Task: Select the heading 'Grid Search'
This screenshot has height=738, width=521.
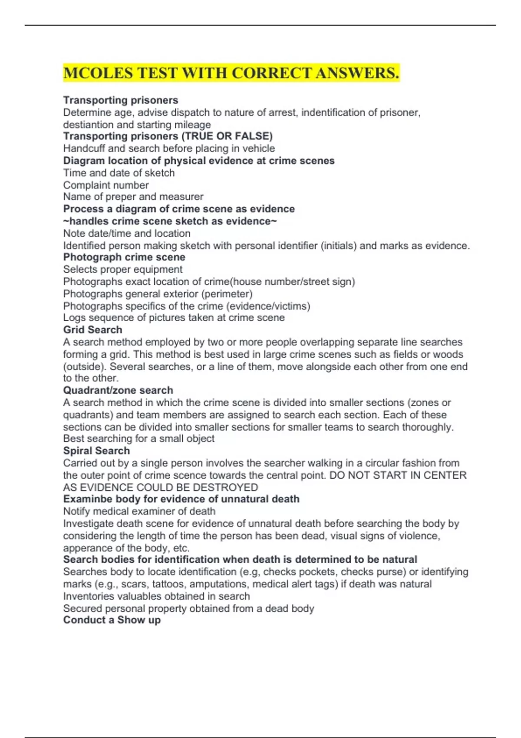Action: pos(92,330)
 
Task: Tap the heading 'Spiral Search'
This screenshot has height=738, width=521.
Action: pos(96,451)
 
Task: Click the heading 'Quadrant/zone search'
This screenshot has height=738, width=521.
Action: pos(118,390)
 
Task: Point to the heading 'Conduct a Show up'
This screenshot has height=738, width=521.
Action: pos(112,620)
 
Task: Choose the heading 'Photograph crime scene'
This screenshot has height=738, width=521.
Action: pos(124,257)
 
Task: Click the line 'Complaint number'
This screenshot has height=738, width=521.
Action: pos(106,185)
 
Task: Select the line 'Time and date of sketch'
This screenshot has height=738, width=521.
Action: pos(119,173)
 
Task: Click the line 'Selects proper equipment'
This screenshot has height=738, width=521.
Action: pos(123,269)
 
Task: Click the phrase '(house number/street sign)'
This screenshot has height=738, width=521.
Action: pos(293,282)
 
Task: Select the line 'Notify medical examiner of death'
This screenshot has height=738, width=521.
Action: pos(139,511)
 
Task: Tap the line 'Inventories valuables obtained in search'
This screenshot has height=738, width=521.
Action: pos(156,596)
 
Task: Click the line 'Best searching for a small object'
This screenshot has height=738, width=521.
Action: pos(139,438)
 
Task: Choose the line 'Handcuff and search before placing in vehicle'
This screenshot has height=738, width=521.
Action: pos(169,148)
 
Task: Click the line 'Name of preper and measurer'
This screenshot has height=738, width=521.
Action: pos(133,197)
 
